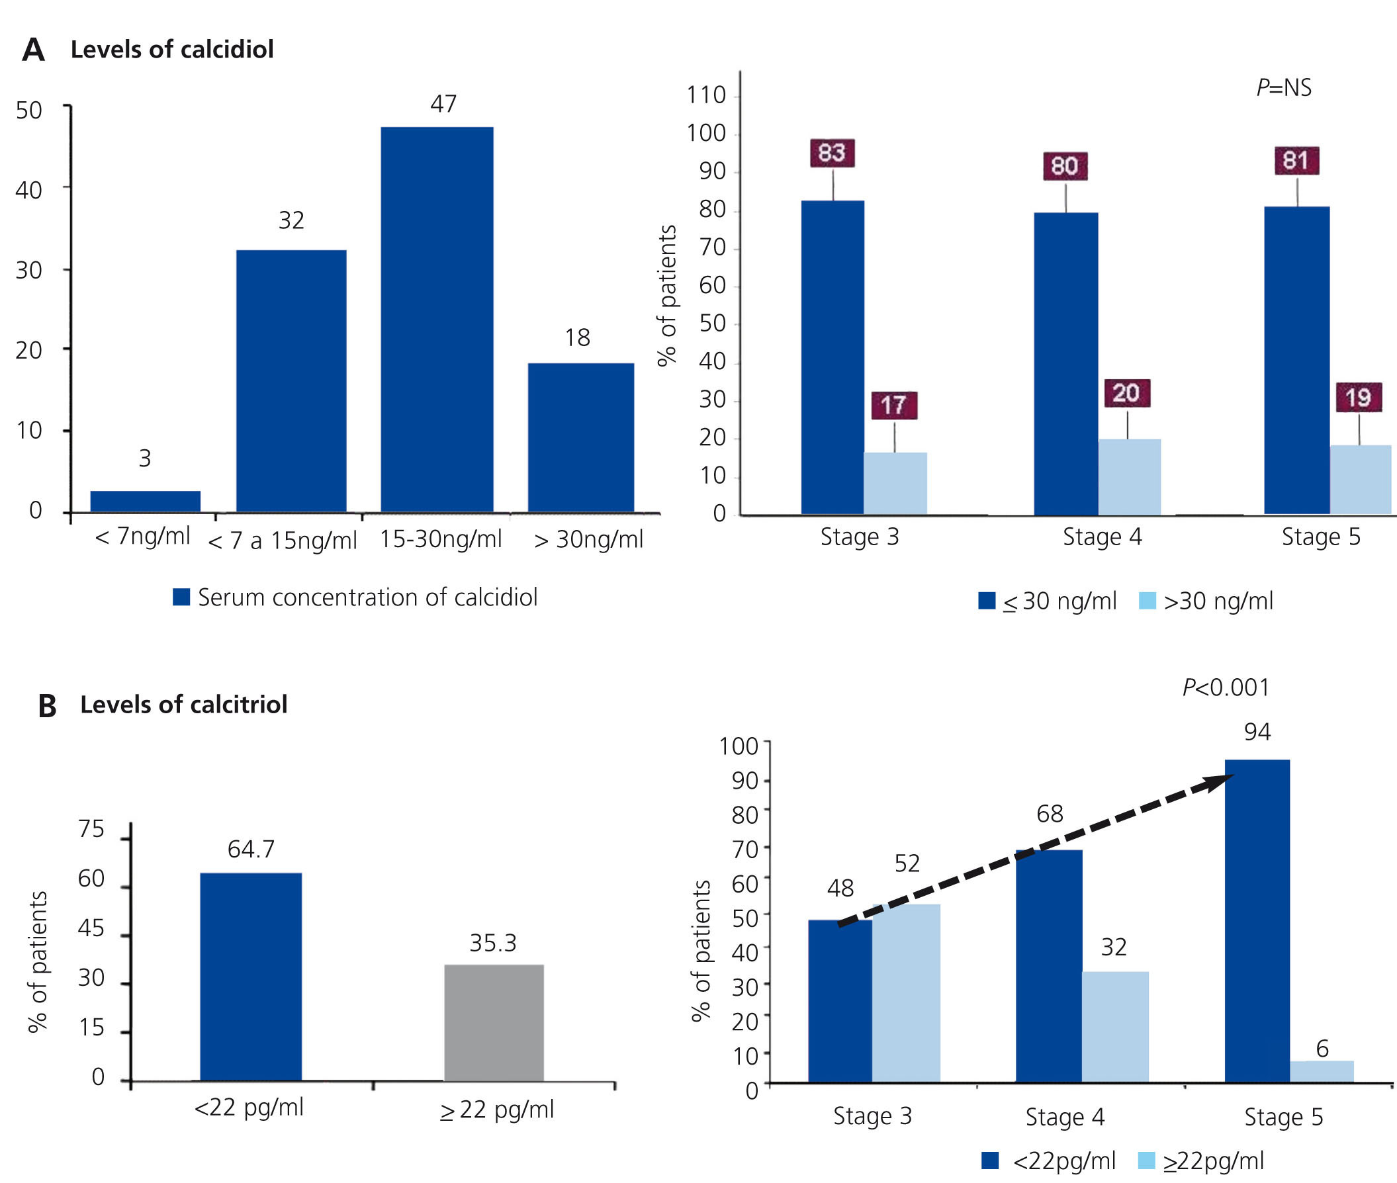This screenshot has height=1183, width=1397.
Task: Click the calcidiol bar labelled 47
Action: pos(437,319)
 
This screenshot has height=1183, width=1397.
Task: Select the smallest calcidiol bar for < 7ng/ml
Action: pos(145,501)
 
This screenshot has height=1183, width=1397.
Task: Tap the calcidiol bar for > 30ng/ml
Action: pos(580,437)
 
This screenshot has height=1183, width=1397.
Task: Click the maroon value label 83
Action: pos(832,153)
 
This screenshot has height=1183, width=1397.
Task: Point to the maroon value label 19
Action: pos(1358,397)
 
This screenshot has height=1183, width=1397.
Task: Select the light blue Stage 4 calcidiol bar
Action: pos(1129,476)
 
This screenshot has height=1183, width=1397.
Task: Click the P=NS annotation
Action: pos(1284,88)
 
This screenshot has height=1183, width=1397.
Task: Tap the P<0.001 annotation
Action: pos(1226,687)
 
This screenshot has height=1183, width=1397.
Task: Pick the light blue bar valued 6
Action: pos(1321,1071)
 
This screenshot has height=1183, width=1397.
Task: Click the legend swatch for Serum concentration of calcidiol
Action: pos(181,597)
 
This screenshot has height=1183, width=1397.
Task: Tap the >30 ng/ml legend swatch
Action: pos(1148,600)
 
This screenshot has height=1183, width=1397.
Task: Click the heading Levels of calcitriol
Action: pos(183,704)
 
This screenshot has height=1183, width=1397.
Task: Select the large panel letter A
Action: pos(33,50)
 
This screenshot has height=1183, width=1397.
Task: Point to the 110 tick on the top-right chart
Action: pos(705,95)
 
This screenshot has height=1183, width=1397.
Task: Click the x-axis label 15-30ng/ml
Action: pos(440,539)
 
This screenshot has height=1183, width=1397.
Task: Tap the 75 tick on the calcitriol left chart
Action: pos(91,830)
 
